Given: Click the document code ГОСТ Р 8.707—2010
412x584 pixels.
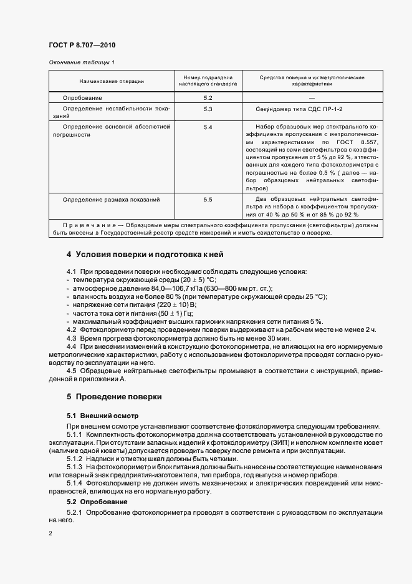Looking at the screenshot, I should (x=82, y=45).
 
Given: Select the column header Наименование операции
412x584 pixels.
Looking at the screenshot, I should (x=112, y=82).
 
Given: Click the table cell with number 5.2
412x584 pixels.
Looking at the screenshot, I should (x=208, y=98).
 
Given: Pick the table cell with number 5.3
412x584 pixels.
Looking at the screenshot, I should (x=208, y=109).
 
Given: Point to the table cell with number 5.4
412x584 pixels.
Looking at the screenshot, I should (x=208, y=127).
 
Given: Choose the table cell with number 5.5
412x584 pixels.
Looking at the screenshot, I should (x=208, y=199).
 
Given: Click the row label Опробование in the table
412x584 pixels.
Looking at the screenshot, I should (x=82, y=98).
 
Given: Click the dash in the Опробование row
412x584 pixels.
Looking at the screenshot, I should (x=312, y=98).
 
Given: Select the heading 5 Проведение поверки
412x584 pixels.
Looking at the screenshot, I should (x=114, y=396).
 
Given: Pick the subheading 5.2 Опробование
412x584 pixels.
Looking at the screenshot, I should (x=97, y=502).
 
